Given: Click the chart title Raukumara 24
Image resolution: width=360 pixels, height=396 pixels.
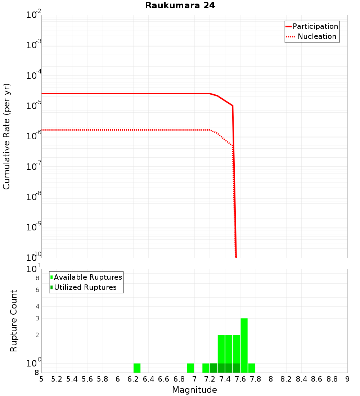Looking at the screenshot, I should click(x=180, y=6).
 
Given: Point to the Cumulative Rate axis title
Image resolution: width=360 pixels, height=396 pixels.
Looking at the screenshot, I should click(x=6, y=136).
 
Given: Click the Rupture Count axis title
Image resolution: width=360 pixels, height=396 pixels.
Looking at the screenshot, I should click(x=14, y=321).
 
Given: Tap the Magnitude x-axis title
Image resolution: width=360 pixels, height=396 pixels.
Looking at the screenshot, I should click(x=194, y=390).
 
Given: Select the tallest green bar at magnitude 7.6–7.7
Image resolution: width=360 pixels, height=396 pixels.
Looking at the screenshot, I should click(x=244, y=345).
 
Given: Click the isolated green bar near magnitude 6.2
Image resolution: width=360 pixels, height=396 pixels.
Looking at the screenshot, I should click(x=137, y=368).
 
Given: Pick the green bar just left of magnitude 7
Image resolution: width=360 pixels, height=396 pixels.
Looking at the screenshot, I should click(x=190, y=368).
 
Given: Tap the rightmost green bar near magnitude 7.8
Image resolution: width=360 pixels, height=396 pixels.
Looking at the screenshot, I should click(x=252, y=368).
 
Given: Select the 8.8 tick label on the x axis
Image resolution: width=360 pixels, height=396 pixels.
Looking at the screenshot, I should click(x=332, y=379).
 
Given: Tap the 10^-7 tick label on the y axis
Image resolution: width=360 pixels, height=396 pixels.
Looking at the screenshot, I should click(x=34, y=167).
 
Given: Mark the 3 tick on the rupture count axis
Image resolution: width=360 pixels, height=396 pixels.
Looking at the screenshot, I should click(x=37, y=318).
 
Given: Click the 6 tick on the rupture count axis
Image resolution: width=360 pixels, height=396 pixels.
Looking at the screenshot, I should click(x=37, y=290).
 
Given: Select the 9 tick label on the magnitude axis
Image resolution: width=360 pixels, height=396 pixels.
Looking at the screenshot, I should click(x=347, y=379).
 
